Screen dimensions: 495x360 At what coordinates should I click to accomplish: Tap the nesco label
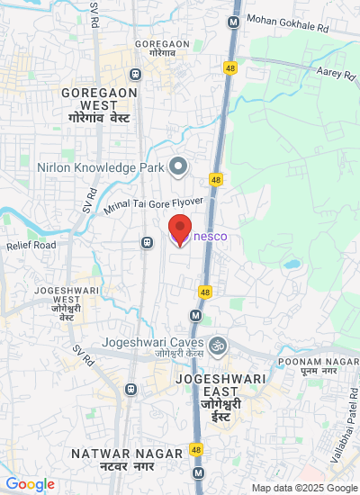click(x=211, y=237)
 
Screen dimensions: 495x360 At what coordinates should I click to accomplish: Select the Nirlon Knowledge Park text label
click(x=101, y=166)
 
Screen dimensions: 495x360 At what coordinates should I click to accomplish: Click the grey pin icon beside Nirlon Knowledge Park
click(x=178, y=166)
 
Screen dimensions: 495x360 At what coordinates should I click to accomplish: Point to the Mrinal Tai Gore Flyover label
click(x=153, y=208)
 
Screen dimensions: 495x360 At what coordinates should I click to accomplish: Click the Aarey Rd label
click(x=337, y=72)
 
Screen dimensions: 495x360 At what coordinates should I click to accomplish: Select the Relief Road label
click(x=31, y=245)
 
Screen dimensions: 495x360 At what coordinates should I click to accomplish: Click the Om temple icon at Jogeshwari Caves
click(x=216, y=344)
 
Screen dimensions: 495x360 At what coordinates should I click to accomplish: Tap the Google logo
click(x=31, y=484)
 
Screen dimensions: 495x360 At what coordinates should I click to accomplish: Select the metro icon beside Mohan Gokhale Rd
click(x=234, y=21)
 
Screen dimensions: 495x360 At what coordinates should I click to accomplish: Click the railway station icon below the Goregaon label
click(x=135, y=73)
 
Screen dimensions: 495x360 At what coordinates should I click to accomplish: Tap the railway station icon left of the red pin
click(x=146, y=241)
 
